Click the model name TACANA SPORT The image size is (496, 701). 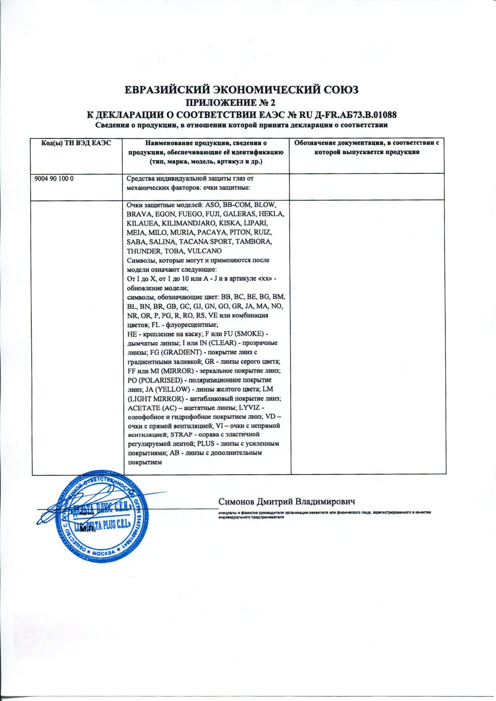[209, 241]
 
